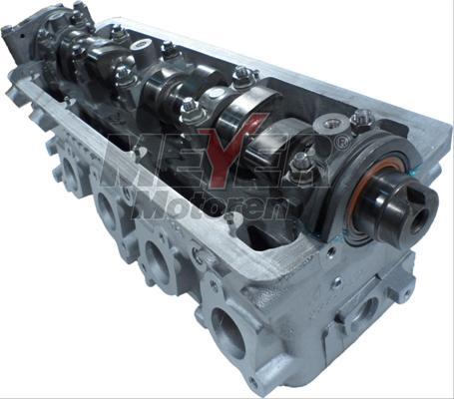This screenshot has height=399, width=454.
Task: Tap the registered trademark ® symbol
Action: [x=338, y=143]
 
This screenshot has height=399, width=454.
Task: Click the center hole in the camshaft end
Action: [x=419, y=221]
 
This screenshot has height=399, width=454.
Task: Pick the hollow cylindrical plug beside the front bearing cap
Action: [x=331, y=126]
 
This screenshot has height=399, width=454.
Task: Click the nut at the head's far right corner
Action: [x=363, y=117]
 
